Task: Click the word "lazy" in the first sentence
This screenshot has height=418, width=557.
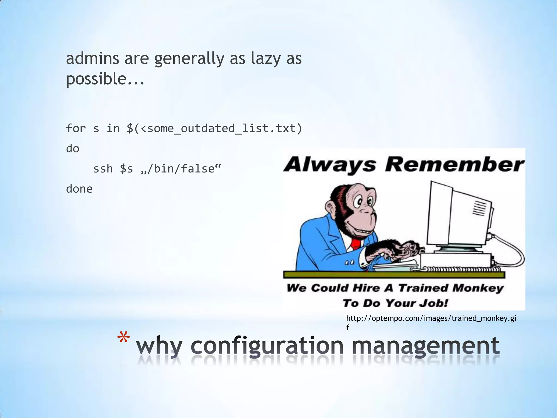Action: click(265, 59)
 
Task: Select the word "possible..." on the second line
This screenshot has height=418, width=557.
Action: click(105, 79)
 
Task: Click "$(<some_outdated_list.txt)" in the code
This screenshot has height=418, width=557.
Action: click(214, 128)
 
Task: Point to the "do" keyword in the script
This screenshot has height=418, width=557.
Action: click(73, 149)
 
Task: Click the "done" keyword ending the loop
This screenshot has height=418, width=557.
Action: click(79, 189)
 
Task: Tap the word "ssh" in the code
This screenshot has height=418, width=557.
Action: click(103, 169)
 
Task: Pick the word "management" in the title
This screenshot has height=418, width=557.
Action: click(426, 346)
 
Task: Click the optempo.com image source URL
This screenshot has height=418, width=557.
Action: click(431, 319)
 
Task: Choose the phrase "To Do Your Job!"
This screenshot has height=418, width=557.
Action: click(395, 303)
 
